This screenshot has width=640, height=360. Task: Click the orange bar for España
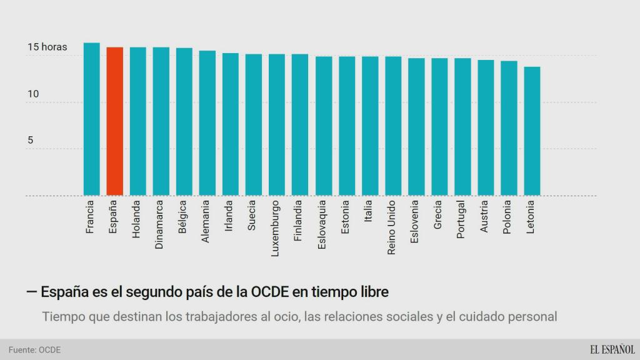[x=115, y=121]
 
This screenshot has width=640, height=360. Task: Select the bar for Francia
[x=92, y=119]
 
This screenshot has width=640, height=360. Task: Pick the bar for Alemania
[x=207, y=123]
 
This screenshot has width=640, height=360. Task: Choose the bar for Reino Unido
[x=393, y=126]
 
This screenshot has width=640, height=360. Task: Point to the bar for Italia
[x=370, y=126]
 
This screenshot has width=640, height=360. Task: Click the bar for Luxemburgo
[x=277, y=124]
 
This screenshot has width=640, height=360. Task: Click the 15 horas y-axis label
[x=47, y=47]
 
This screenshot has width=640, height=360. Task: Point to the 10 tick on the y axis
[x=33, y=94]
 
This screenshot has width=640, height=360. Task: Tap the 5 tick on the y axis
[x=30, y=140]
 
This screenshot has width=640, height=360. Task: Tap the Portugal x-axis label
[x=461, y=219]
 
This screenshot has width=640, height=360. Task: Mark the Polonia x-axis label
[x=507, y=217]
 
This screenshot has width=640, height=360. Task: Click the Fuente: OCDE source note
[x=34, y=350]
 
